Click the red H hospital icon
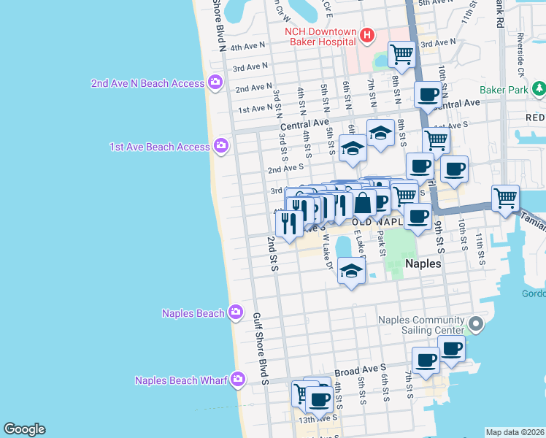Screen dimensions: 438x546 point(367,34)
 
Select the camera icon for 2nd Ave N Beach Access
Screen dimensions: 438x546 point(215,82)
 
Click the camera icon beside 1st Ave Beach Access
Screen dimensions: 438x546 point(221,147)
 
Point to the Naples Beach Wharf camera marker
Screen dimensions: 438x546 point(237,380)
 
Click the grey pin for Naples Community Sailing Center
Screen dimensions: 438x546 point(476,323)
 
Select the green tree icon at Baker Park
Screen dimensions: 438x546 point(539,90)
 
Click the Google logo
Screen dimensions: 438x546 point(24,429)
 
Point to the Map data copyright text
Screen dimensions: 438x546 point(514,432)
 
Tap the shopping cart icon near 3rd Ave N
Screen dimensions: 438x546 point(401,53)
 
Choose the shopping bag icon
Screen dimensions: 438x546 point(362,202)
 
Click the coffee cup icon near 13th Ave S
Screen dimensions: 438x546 point(319,399)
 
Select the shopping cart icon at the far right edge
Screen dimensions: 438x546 point(505,197)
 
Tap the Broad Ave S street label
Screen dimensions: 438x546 point(360,372)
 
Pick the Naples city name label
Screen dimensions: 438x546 point(423,264)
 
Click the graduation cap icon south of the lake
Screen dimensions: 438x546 point(351,272)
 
